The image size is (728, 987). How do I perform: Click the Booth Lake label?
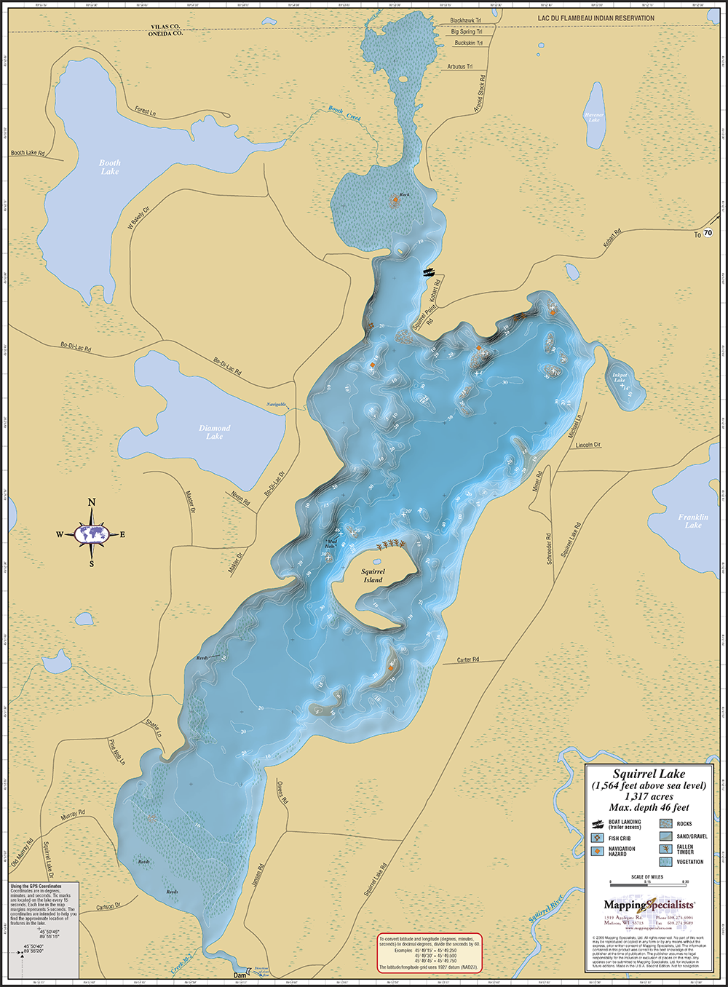point(110,167)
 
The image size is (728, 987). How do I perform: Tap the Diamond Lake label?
point(214,432)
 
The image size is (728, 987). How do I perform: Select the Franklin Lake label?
point(692,521)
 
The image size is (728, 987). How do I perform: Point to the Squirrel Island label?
point(373,576)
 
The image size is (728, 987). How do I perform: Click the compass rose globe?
point(92,534)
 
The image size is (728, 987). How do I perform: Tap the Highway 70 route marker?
point(708,234)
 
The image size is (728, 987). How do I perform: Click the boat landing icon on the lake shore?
point(431,271)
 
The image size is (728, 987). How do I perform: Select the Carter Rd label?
point(468,660)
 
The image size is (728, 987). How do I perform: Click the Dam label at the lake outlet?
point(240,975)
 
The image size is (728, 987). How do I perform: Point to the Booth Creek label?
point(344,113)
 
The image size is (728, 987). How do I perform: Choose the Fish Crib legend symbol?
point(598,838)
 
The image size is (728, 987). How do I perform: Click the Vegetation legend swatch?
point(666,862)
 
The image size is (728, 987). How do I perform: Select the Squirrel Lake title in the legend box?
point(649,774)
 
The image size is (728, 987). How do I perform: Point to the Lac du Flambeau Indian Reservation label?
point(596,18)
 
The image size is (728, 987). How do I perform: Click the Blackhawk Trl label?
point(466,21)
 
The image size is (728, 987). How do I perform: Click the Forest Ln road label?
point(145,111)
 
